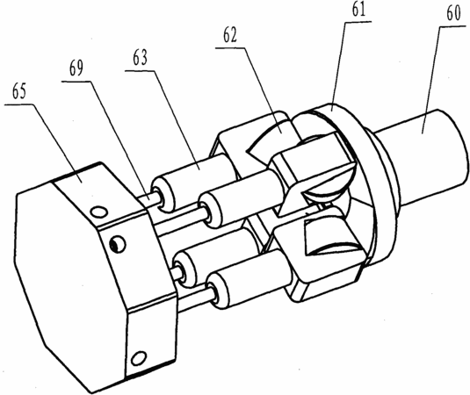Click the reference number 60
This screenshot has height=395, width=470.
click(453, 13)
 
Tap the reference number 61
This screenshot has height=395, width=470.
click(358, 9)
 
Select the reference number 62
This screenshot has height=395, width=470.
click(230, 35)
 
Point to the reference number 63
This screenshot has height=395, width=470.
click(140, 58)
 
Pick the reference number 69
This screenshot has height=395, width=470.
click(76, 68)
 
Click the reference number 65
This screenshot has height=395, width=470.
click(19, 91)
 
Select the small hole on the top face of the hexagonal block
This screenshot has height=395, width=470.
click(99, 212)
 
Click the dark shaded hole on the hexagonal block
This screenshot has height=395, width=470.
click(118, 244)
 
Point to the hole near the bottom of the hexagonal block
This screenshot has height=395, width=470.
click(139, 358)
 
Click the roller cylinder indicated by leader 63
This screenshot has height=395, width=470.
click(192, 180)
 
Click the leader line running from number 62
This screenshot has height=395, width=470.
click(261, 90)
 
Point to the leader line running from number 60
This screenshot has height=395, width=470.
click(430, 80)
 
